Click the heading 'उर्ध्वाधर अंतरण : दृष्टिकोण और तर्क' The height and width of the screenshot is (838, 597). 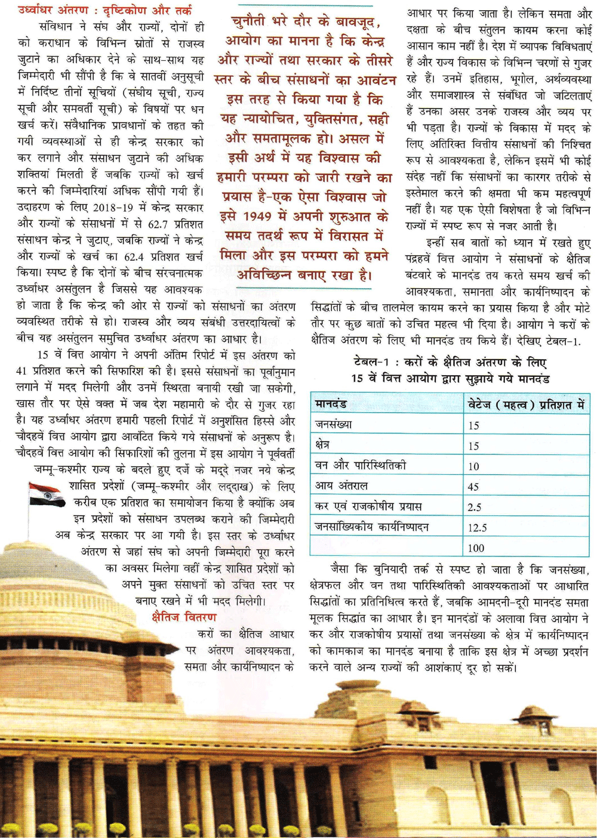tap(104, 10)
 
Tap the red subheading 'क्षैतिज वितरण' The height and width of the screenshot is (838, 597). tap(184, 617)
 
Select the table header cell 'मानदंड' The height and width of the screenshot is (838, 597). tap(331, 404)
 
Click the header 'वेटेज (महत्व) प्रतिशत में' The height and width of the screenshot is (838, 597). tap(526, 404)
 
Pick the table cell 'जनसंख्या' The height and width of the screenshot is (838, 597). tap(334, 425)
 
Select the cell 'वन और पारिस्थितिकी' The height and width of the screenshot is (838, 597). tap(361, 465)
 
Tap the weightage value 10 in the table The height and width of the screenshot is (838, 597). tap(473, 466)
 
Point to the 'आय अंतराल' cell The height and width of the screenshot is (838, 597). tap(341, 486)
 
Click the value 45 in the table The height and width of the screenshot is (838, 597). tap(473, 487)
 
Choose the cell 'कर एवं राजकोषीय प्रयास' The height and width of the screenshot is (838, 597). tap(368, 506)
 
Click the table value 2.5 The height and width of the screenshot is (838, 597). tap(475, 507)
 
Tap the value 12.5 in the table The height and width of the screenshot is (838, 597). tap(478, 528)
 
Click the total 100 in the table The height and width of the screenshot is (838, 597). tap(476, 548)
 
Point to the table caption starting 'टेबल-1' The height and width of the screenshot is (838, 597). tap(450, 370)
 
